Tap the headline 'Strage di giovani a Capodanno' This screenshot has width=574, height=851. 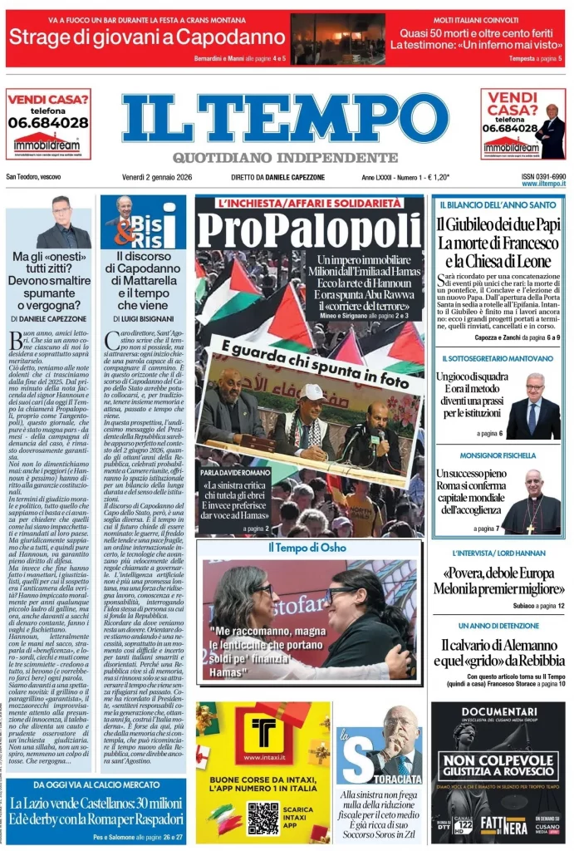point(147,37)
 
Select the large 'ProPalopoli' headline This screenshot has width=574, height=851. point(309,230)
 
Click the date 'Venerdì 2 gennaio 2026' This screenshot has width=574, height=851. point(163,178)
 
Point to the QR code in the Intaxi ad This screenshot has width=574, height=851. point(262,817)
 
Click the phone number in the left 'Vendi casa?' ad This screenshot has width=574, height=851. point(48,122)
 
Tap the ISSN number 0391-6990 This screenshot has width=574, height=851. point(543,176)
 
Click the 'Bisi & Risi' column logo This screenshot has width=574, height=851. point(143,223)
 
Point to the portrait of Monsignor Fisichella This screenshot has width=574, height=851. point(532,501)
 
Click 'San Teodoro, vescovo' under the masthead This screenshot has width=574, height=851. point(33,178)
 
